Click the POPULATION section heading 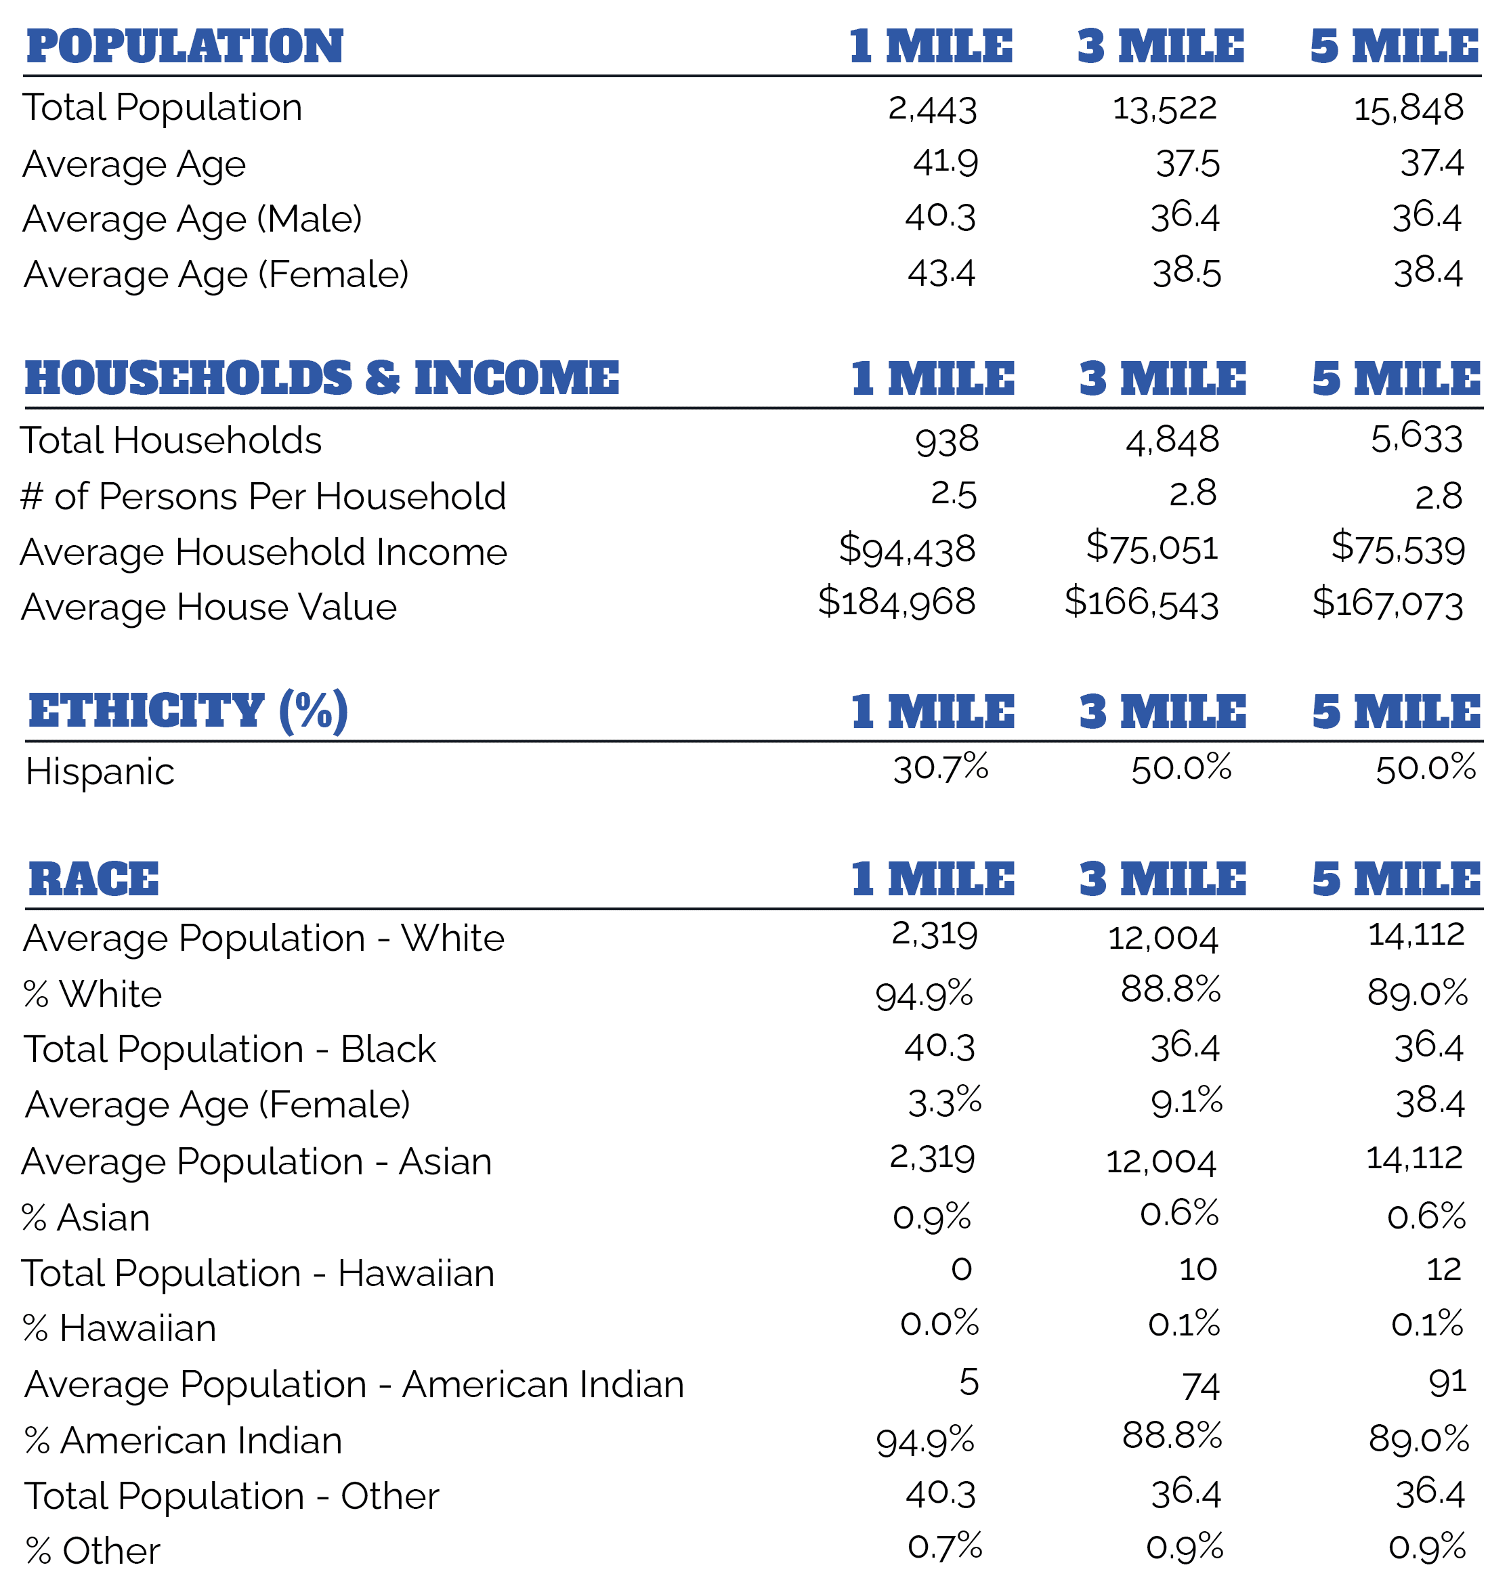tap(184, 46)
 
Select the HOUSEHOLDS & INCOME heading tap(322, 378)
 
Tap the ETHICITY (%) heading tap(188, 711)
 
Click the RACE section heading tap(93, 878)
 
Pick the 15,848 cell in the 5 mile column tap(1409, 108)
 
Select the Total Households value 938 tap(947, 441)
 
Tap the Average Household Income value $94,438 tap(908, 550)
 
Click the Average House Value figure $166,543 tap(1141, 603)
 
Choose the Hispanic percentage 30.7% tap(940, 769)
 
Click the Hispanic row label tap(100, 772)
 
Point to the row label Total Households tap(171, 441)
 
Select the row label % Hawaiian tap(120, 1329)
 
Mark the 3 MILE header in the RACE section tap(1162, 878)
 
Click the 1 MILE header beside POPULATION tap(931, 46)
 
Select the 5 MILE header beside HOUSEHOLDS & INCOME tap(1396, 378)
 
